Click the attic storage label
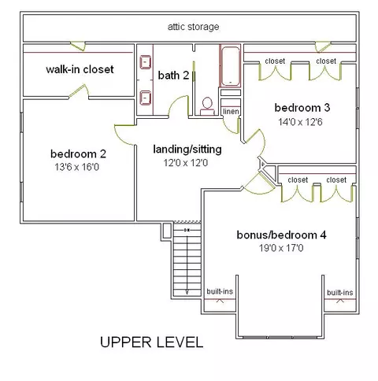(193, 27)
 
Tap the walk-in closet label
(80, 69)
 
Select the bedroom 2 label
(78, 154)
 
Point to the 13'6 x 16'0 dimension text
(77, 167)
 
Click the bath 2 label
(173, 76)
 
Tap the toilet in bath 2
(207, 106)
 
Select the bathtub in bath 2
(230, 66)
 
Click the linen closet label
(231, 111)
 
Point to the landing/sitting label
(187, 150)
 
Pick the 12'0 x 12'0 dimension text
(186, 163)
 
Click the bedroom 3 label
(302, 108)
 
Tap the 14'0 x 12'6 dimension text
(300, 122)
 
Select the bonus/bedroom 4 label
(281, 235)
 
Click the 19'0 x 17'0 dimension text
(281, 248)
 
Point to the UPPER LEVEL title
(152, 342)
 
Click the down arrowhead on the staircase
(187, 291)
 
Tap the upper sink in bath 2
(145, 62)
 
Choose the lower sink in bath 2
(145, 98)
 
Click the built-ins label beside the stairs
(220, 291)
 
